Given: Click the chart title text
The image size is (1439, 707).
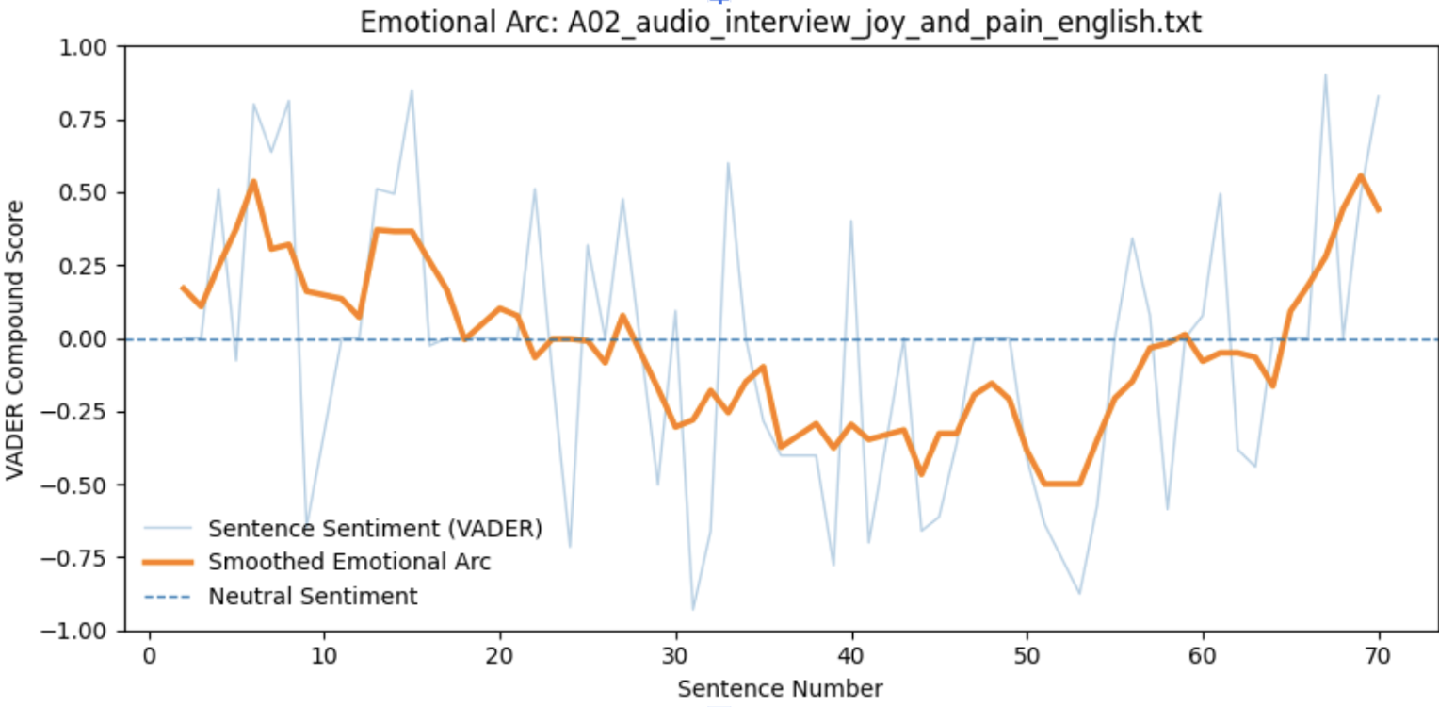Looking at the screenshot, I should pos(781,22).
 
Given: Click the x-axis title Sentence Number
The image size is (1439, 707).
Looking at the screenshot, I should pos(780,689).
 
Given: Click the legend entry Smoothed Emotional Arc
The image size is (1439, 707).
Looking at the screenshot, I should pos(349,563).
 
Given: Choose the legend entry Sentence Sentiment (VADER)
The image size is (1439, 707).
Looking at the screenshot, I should pos(375,528).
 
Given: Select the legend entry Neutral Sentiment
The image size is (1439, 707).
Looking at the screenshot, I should pos(313,597).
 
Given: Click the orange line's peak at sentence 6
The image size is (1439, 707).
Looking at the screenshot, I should pos(253,181).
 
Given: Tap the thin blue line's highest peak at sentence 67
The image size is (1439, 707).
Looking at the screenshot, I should pos(1325,74).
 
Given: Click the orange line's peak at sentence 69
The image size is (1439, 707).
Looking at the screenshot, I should pos(1361,175).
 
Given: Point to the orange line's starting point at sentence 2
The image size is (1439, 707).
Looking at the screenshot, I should pos(183,288).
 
